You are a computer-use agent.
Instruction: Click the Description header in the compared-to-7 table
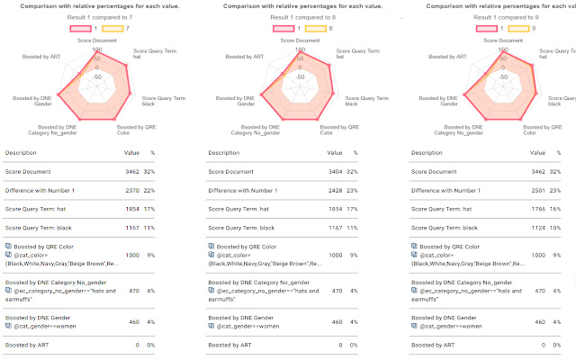26,154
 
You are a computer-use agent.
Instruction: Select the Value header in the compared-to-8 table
333,154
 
